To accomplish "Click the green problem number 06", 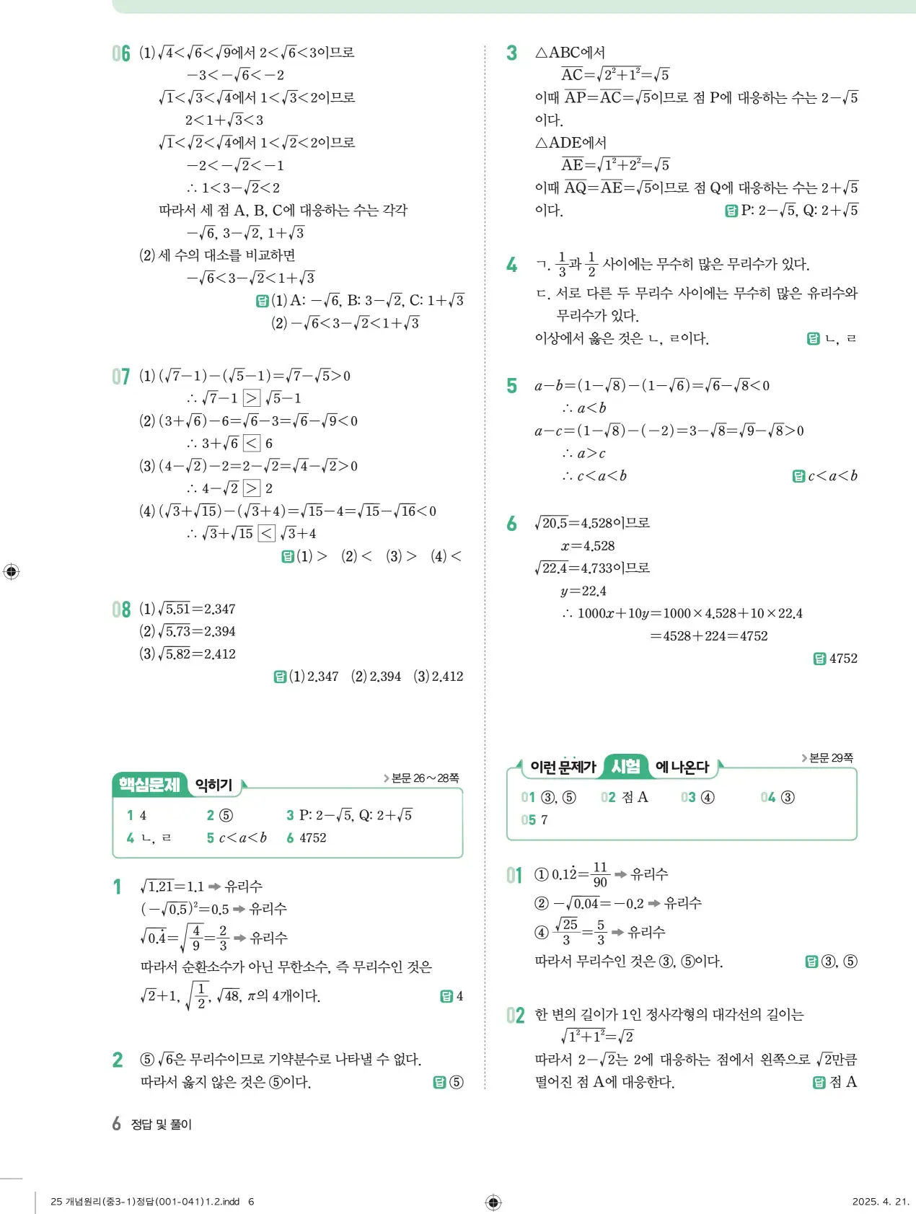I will pos(121,53).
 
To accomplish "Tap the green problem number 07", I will pos(121,377).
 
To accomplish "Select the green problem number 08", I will pos(121,610).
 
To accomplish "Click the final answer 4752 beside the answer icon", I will pos(843,659).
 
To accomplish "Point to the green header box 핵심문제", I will pos(149,785).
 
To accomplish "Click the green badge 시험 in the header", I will pos(625,766).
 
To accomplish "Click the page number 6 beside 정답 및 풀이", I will pos(116,1124).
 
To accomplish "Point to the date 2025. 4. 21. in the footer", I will pos(881,1202).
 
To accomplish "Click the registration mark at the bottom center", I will pos(493,1202).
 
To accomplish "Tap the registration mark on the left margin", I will pos(12,572).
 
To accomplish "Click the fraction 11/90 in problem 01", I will pos(600,874).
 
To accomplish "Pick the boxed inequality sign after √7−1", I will pos(252,398).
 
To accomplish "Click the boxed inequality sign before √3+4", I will pos(267,534).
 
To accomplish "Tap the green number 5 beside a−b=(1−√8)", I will pos(511,387).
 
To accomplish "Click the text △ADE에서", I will pos(571,143).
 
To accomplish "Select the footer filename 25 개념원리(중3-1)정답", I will pos(145,1202).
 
